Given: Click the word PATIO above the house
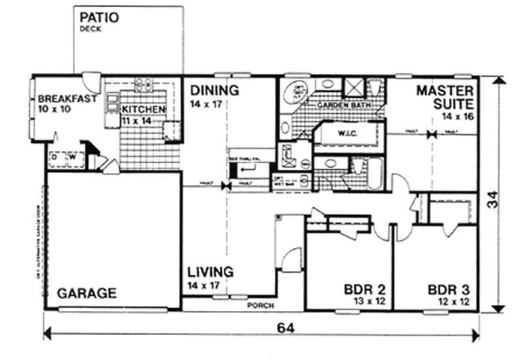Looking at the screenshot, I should [x=99, y=17].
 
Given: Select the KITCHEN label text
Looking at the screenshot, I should [x=138, y=110].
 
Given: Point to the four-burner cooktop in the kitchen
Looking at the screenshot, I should [x=143, y=84].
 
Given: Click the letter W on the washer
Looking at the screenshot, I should [x=73, y=157].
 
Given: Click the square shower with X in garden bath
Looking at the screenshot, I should [x=354, y=88].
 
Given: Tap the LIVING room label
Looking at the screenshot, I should [x=209, y=271].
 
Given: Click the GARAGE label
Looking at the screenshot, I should [x=87, y=292].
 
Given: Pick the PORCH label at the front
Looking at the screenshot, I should [x=260, y=306].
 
